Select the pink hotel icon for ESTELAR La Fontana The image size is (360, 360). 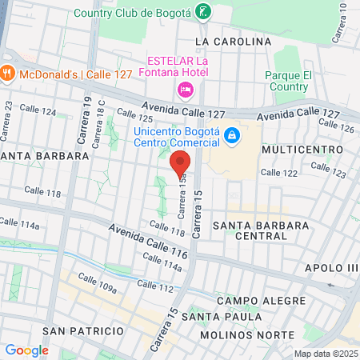coord(186,88)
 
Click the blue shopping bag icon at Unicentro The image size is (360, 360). coord(231,136)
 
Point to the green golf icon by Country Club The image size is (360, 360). coord(204,12)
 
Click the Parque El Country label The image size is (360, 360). coord(286,81)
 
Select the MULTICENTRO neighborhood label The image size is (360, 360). coord(296,150)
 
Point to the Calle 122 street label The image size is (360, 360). coord(278,172)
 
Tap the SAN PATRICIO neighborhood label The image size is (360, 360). coord(83,330)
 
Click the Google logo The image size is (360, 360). coord(26,350)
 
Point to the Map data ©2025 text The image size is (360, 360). coord(325,354)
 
